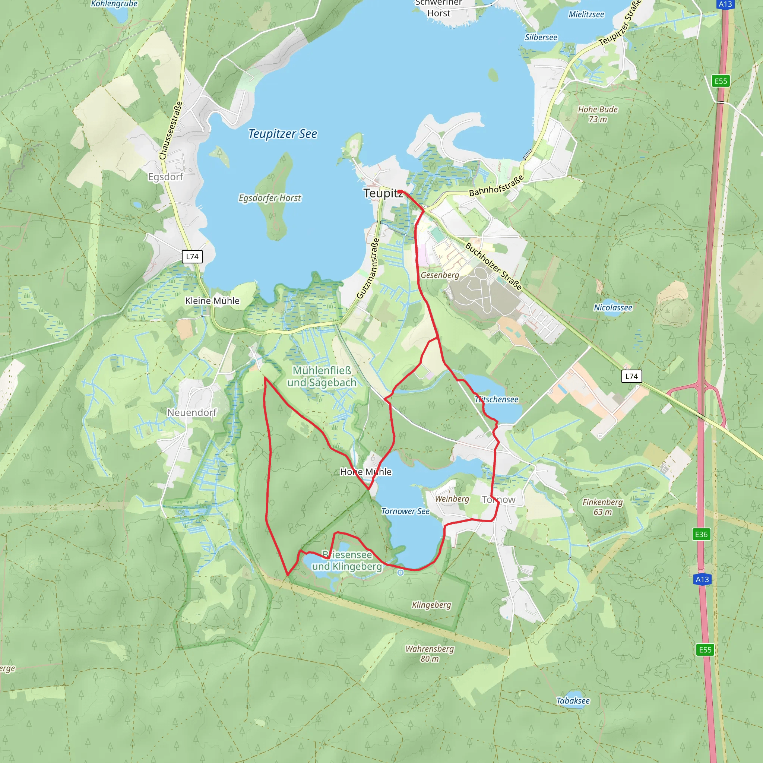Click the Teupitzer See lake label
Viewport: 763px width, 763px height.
coord(282,134)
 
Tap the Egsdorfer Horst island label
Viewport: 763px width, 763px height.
coord(270,198)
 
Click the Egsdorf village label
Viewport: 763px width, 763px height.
coord(165,177)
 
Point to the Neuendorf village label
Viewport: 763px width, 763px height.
coord(192,412)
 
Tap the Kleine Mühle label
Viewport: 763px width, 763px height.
coord(212,301)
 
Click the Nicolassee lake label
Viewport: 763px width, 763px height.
coord(613,307)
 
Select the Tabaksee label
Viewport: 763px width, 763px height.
coord(573,701)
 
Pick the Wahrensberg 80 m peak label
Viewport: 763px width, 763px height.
coord(430,653)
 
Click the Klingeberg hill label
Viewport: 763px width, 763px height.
coord(431,605)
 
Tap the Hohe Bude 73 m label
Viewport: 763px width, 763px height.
coord(598,114)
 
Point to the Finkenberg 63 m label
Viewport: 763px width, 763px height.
coord(602,507)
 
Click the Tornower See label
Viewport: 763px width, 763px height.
coord(405,511)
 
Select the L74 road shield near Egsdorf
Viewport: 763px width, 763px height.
coord(192,256)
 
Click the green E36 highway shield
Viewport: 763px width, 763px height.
coord(701,534)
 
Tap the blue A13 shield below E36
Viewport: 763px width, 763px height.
coord(702,579)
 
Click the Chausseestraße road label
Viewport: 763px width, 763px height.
coord(171,130)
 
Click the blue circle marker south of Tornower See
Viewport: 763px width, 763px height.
coord(401,573)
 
